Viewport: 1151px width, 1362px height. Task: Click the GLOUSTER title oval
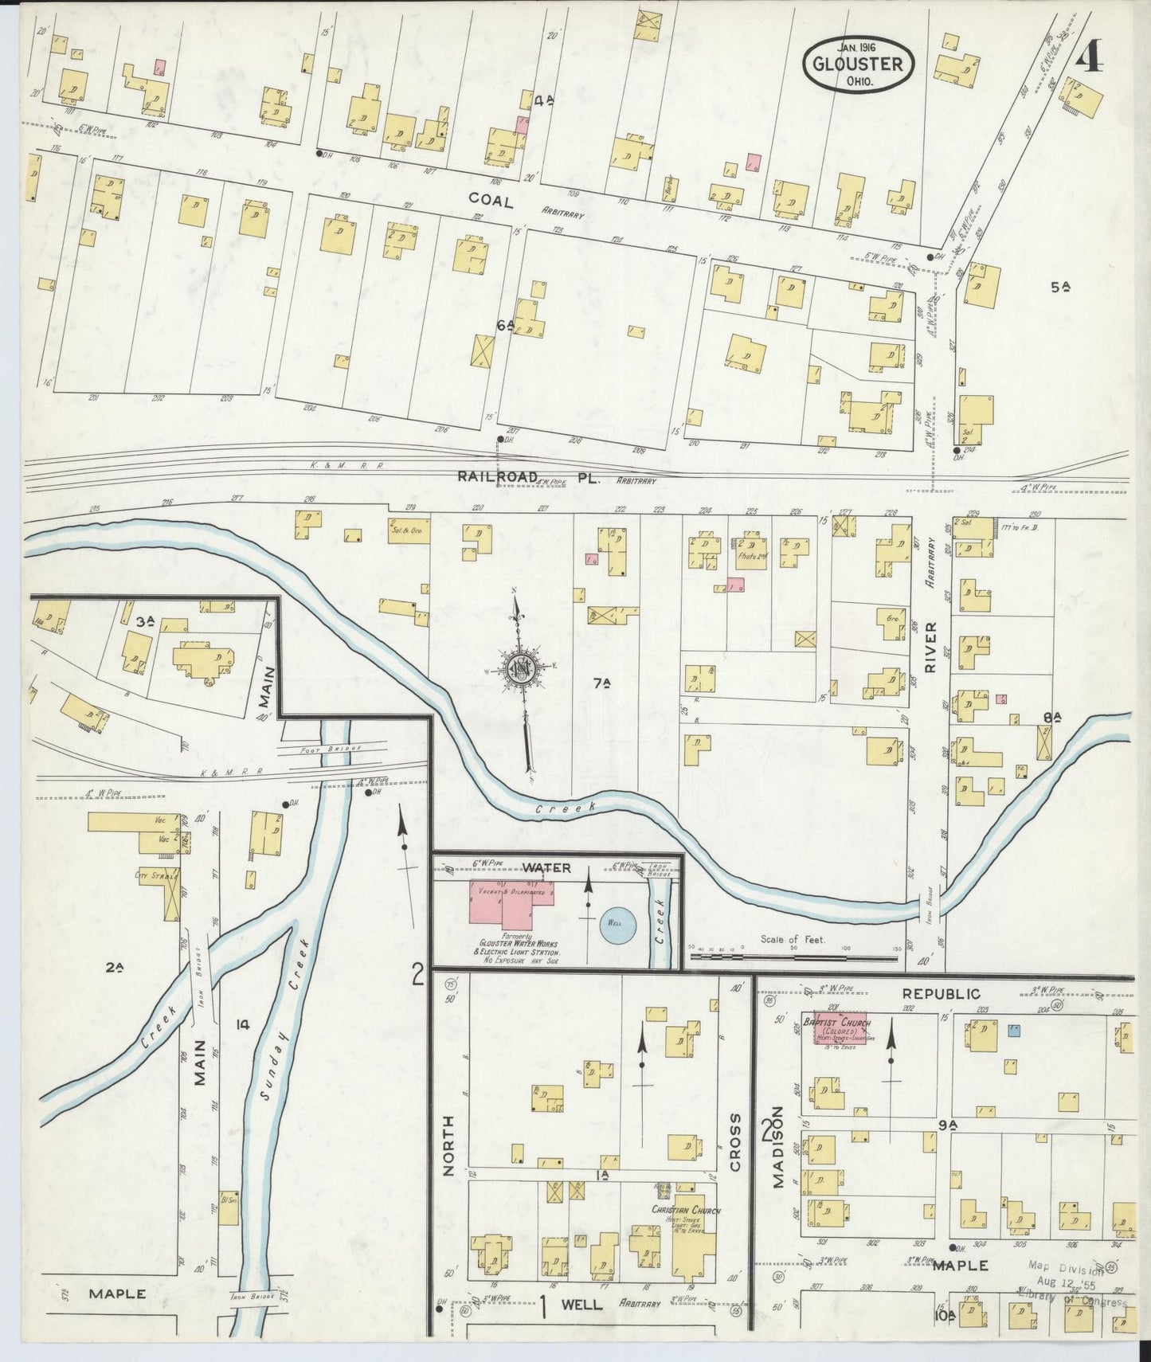[x=858, y=64]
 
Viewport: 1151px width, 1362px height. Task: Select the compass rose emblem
[x=520, y=667]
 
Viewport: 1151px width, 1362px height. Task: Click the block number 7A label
[x=602, y=683]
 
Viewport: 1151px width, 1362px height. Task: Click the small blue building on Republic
[x=1014, y=1029]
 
